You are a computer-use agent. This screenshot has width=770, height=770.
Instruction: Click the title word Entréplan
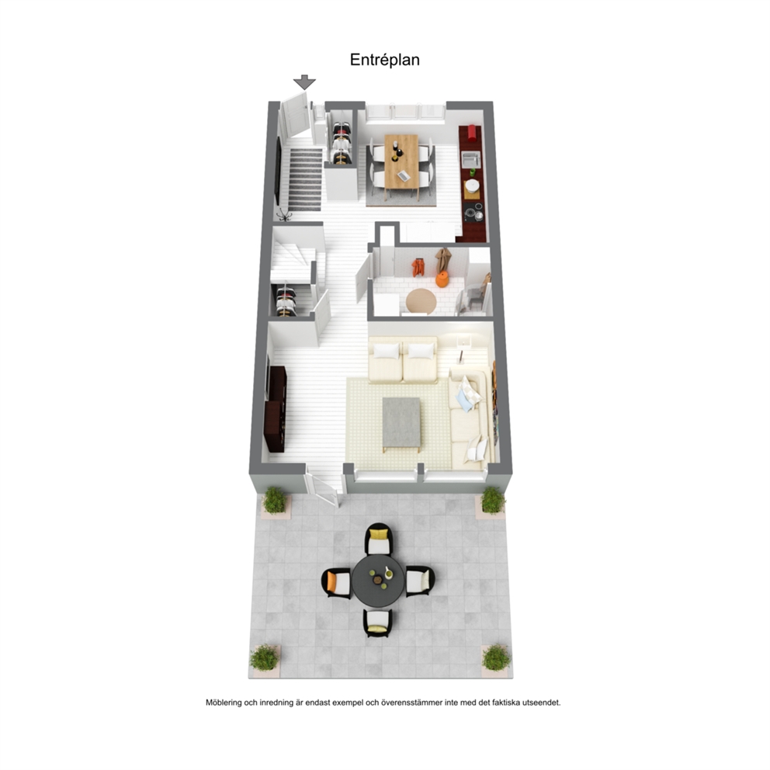click(384, 60)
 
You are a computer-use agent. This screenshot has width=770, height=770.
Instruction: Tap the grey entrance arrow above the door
click(304, 82)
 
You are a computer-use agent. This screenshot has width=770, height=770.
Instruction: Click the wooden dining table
click(402, 161)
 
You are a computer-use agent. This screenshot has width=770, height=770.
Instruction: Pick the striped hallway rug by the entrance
click(305, 180)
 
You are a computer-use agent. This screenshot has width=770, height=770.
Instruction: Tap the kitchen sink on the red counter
click(471, 158)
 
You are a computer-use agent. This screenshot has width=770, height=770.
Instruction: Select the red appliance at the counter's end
click(472, 133)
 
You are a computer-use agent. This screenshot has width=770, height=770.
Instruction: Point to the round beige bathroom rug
click(421, 300)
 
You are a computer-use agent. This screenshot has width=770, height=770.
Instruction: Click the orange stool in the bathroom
click(442, 279)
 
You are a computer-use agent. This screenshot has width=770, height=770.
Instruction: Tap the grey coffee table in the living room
click(401, 423)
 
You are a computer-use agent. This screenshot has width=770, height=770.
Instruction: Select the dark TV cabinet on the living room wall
click(276, 408)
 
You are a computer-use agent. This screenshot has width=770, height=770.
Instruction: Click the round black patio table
click(378, 581)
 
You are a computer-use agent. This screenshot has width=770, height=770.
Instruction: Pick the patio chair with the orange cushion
click(337, 583)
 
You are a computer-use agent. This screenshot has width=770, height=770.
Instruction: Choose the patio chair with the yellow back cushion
click(379, 539)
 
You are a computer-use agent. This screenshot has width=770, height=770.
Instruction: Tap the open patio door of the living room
click(321, 487)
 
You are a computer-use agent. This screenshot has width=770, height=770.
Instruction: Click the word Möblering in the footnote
click(224, 702)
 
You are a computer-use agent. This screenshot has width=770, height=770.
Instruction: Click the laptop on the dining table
click(404, 175)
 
